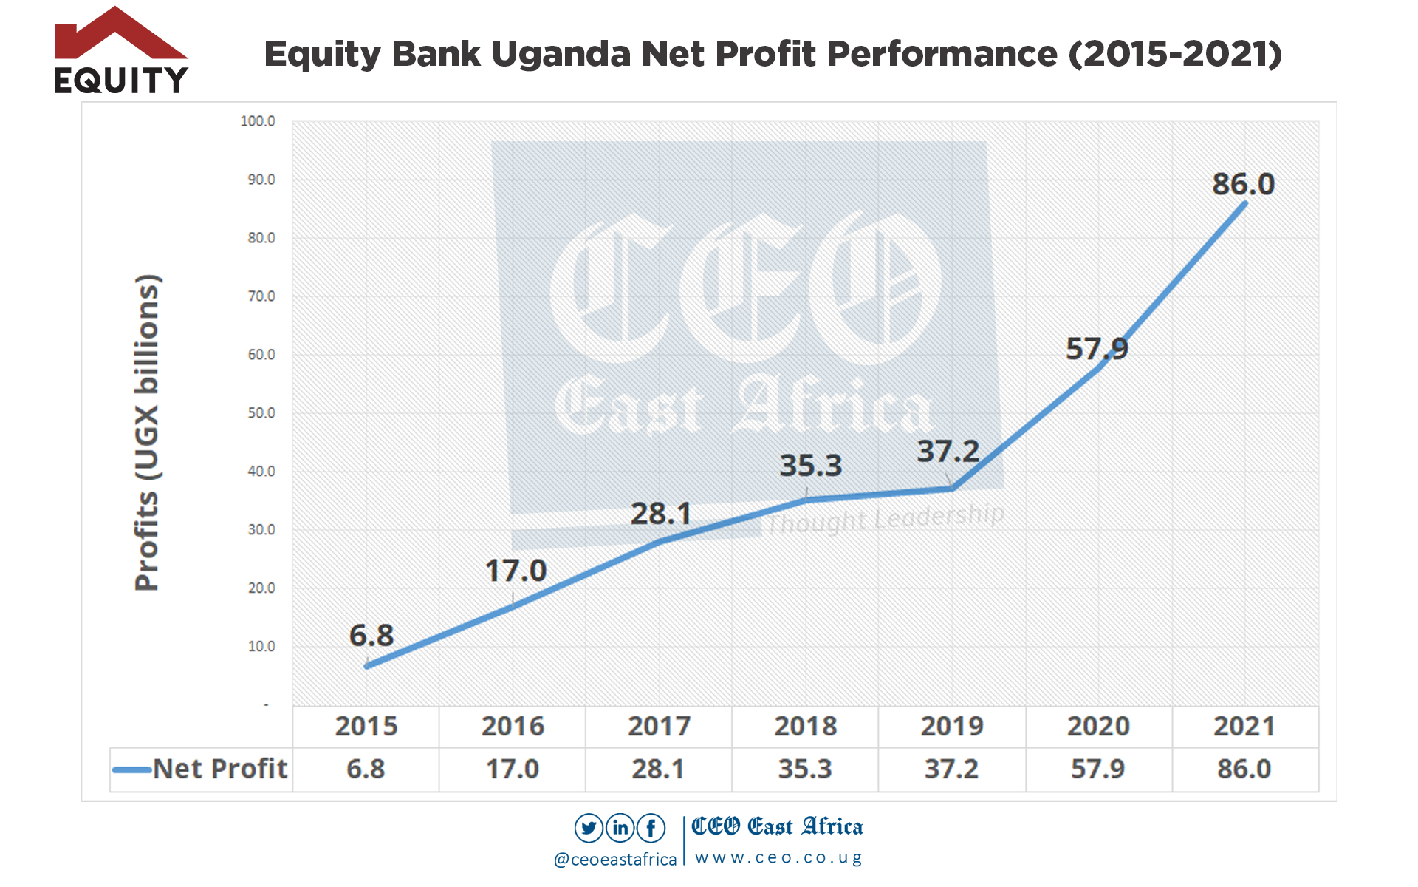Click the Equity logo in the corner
(x=121, y=52)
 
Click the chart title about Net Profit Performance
(x=773, y=54)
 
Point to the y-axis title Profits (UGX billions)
(x=147, y=432)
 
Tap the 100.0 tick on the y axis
(x=258, y=121)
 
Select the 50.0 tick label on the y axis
(x=261, y=413)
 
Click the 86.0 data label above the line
(x=1243, y=184)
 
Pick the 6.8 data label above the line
(x=371, y=636)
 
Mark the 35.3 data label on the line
(x=810, y=466)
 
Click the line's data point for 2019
(x=952, y=489)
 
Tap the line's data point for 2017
(x=660, y=541)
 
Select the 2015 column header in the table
(x=366, y=727)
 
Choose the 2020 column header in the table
(x=1098, y=727)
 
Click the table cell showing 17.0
(x=513, y=769)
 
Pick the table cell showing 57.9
(x=1098, y=769)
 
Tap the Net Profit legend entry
(x=201, y=769)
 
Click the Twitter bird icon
(x=589, y=828)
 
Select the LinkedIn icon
(x=620, y=828)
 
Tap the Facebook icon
(x=651, y=828)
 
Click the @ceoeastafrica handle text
(x=615, y=859)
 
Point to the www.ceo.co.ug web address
(x=778, y=857)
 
